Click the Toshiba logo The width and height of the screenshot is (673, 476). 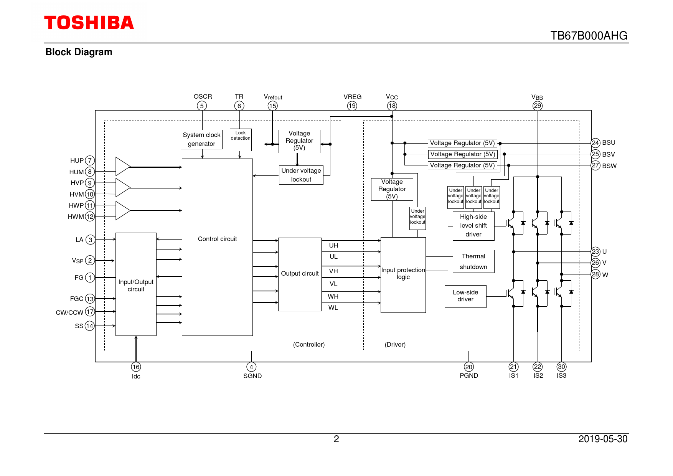(89, 23)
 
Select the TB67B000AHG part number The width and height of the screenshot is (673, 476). (589, 36)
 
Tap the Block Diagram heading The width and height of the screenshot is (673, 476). (79, 52)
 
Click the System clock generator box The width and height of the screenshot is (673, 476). (201, 139)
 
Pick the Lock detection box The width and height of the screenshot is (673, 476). (241, 139)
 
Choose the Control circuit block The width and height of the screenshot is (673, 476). (217, 247)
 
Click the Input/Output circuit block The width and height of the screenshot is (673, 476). (136, 284)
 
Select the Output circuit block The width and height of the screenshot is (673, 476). (300, 274)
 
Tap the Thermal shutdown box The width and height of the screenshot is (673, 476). (473, 261)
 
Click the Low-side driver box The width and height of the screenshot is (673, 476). (465, 296)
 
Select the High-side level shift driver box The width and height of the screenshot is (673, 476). (473, 226)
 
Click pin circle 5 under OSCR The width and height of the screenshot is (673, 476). (202, 106)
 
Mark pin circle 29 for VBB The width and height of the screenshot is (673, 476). (538, 106)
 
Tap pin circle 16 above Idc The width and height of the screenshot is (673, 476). (136, 367)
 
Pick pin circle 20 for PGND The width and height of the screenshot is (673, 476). (469, 367)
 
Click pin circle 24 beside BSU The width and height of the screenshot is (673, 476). (595, 143)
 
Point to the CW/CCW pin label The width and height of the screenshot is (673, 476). (69, 312)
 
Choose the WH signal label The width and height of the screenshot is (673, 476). (333, 296)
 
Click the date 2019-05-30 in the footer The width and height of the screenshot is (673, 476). (603, 439)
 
